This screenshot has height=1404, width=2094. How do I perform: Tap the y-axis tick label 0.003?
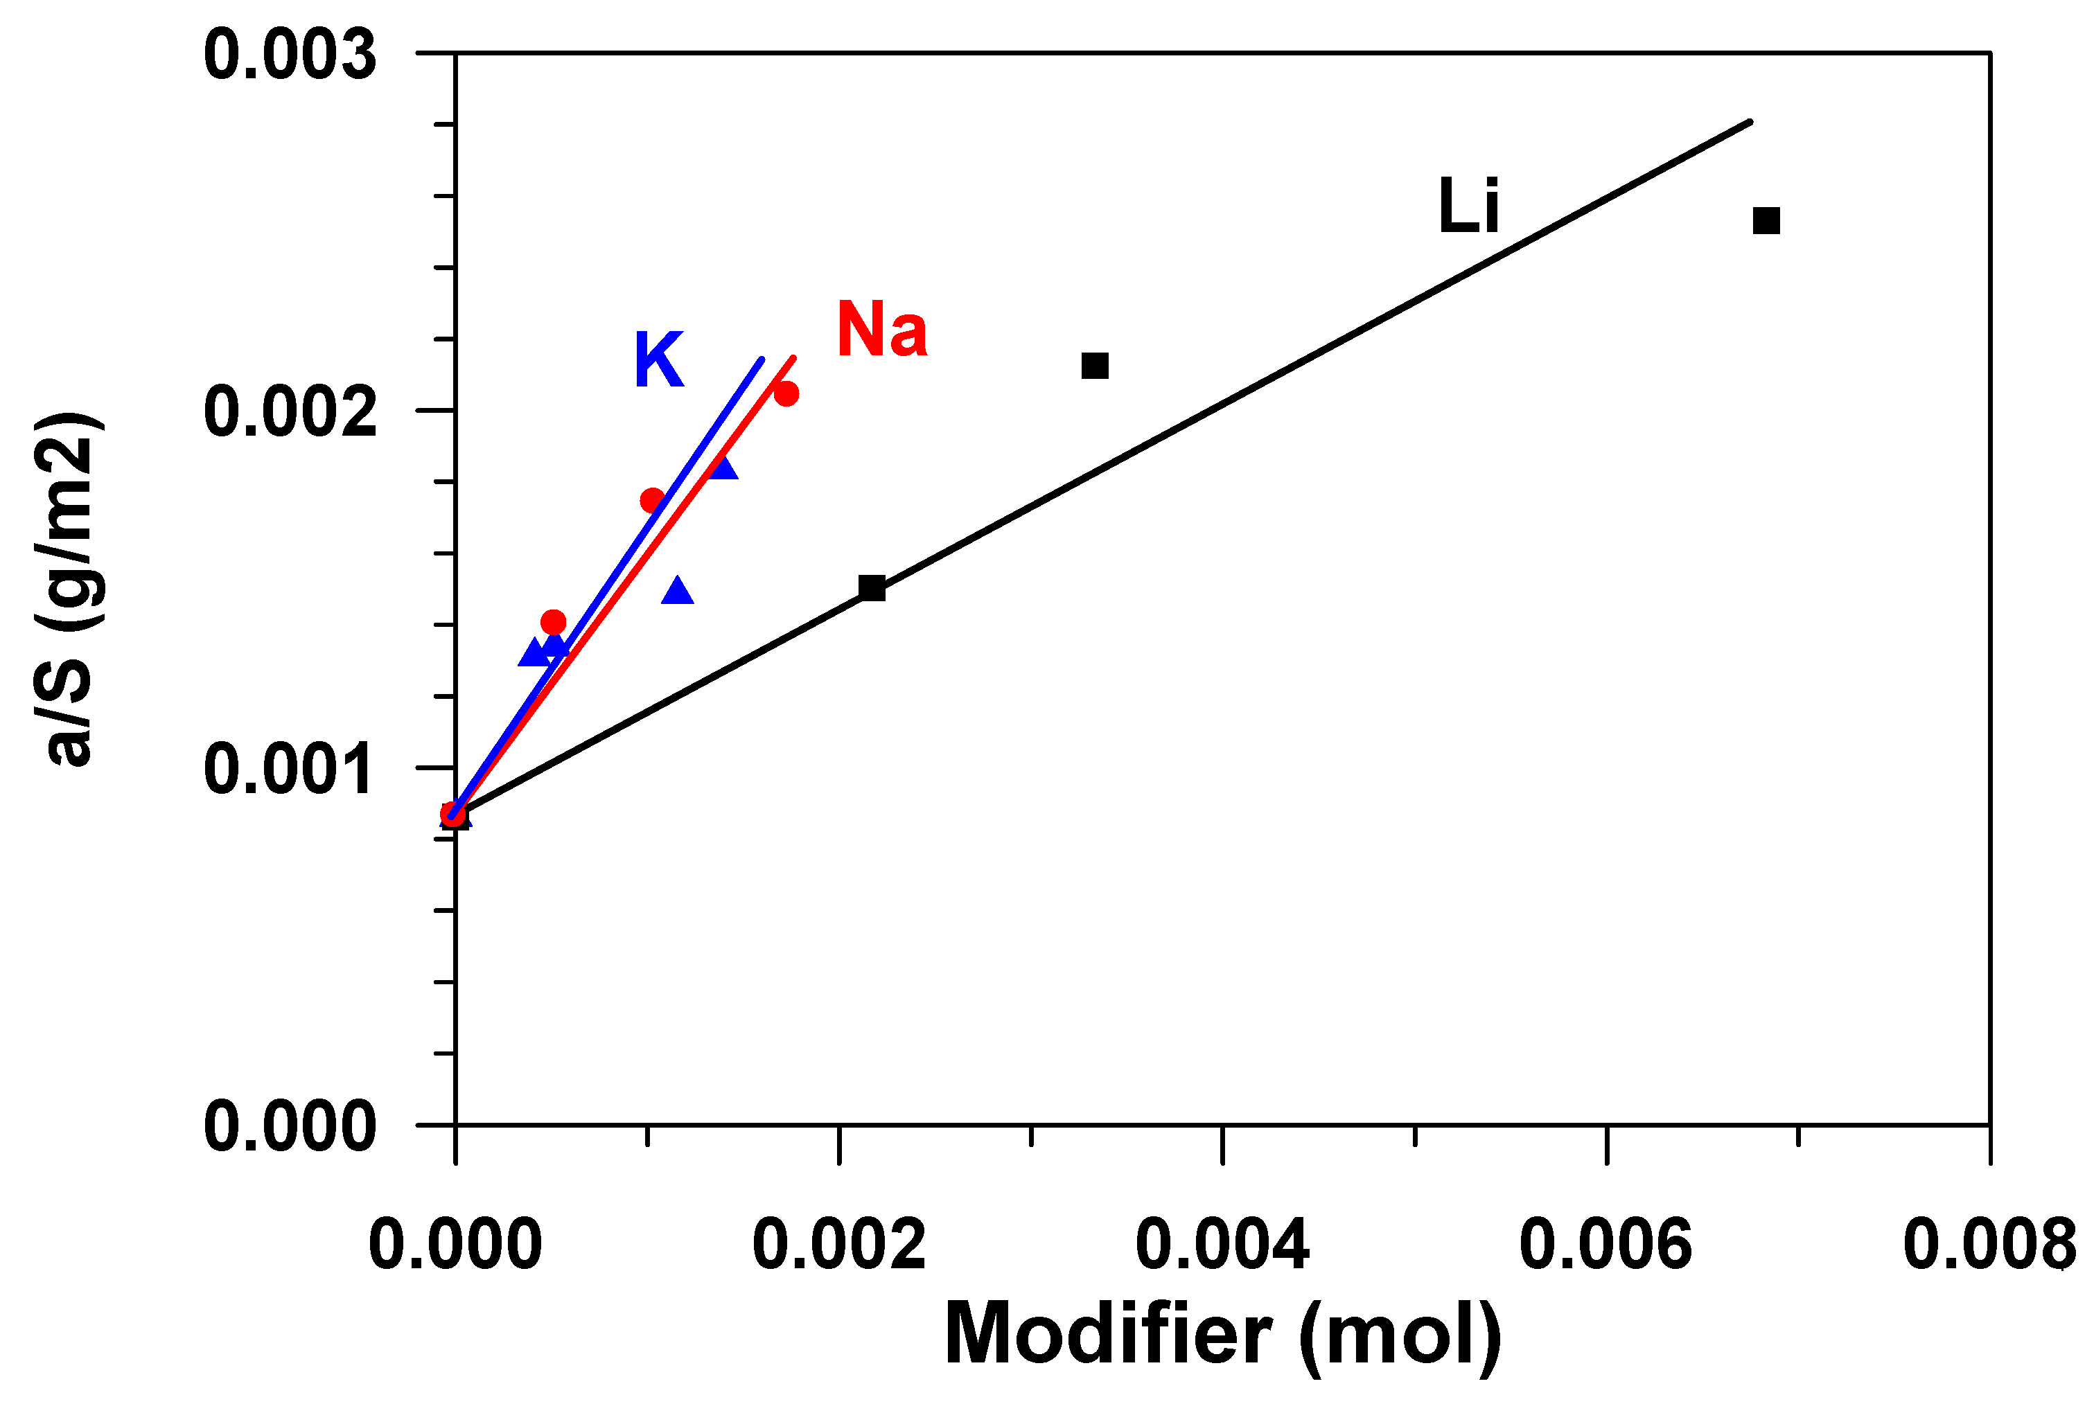[x=289, y=55]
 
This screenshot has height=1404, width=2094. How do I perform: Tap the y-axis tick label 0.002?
[x=289, y=411]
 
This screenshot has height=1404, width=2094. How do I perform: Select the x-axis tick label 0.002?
[x=838, y=1245]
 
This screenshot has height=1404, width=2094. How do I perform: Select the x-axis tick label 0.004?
[x=1222, y=1245]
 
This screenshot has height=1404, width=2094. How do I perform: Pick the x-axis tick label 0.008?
[x=1988, y=1245]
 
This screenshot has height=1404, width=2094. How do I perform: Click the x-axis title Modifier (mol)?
[x=1222, y=1335]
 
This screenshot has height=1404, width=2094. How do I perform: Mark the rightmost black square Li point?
[x=1766, y=220]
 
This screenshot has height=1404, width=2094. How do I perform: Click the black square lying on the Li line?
[x=872, y=588]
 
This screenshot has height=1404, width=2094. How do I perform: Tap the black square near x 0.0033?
[x=1095, y=365]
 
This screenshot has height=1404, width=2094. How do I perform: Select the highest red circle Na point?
[x=786, y=394]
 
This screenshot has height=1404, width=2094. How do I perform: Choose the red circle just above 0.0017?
[x=653, y=499]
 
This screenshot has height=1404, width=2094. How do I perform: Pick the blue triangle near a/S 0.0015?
[x=678, y=591]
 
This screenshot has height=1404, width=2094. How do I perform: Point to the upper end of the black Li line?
[x=1748, y=121]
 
